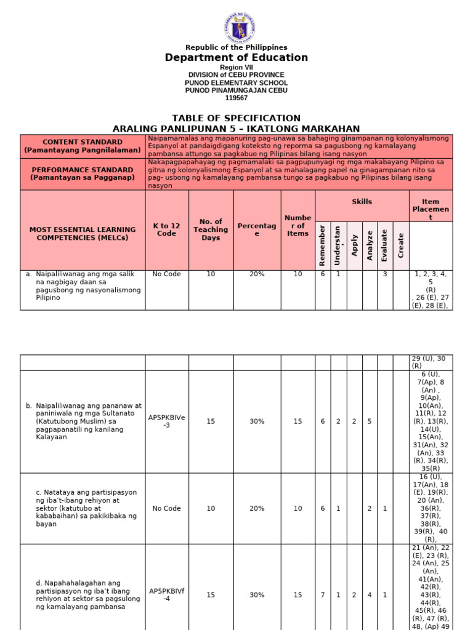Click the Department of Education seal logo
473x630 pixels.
coord(239,28)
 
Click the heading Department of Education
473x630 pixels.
coord(236,58)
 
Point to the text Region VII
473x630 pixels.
coord(236,67)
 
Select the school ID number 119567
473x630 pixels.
coord(236,98)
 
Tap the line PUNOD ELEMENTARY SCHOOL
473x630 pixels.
coord(236,82)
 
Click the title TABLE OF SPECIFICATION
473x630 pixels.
coord(236,118)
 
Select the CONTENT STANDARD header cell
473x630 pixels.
coord(83,146)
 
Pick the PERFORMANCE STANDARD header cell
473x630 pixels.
coord(83,173)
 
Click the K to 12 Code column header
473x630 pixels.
coord(167,229)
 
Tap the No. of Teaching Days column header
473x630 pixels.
coord(211,229)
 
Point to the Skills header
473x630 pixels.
coord(362,202)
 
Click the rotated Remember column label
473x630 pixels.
coord(323,245)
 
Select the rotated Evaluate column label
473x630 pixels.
coord(385,245)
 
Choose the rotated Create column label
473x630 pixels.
coord(401,245)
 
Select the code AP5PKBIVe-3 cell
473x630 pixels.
coord(167,421)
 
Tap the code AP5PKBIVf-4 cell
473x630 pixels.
coord(167,595)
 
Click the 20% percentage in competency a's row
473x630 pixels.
coord(257,274)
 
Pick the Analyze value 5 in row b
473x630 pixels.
coord(370,421)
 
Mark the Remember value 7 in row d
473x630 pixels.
coord(323,595)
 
